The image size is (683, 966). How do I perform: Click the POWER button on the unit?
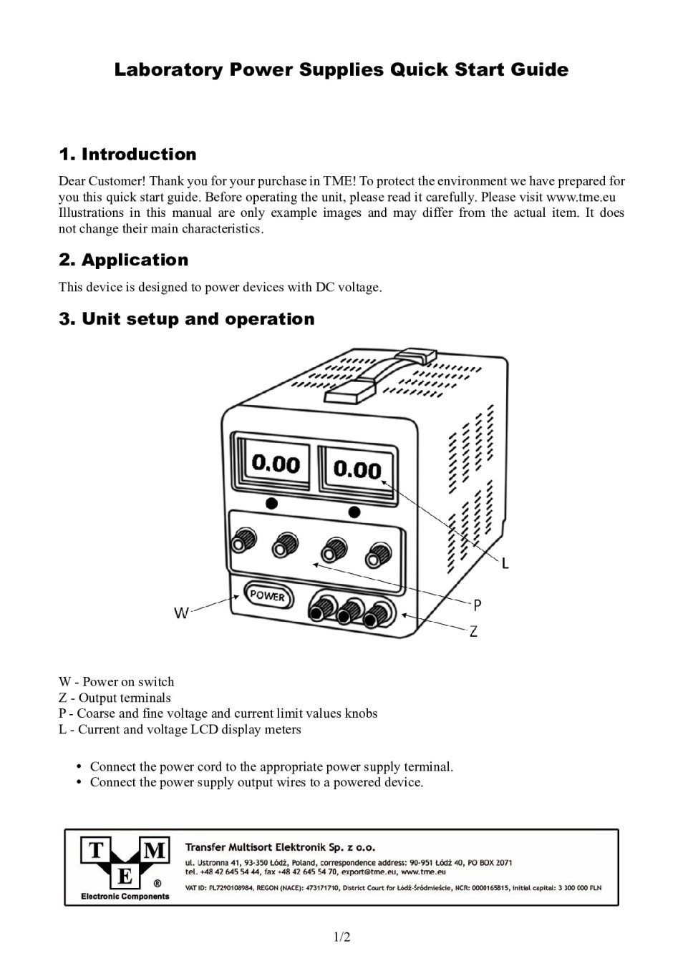point(268,596)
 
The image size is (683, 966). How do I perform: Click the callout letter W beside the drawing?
point(182,613)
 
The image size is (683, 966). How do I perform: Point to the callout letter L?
point(505,564)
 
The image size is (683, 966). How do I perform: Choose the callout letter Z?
point(473,632)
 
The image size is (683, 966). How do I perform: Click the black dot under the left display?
point(271,503)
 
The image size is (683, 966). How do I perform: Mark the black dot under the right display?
point(354,511)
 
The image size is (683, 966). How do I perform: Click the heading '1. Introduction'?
point(127,155)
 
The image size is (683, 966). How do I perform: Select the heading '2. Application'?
point(123,260)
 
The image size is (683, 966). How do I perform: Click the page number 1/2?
point(341,937)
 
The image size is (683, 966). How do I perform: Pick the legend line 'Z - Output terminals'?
point(115,698)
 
